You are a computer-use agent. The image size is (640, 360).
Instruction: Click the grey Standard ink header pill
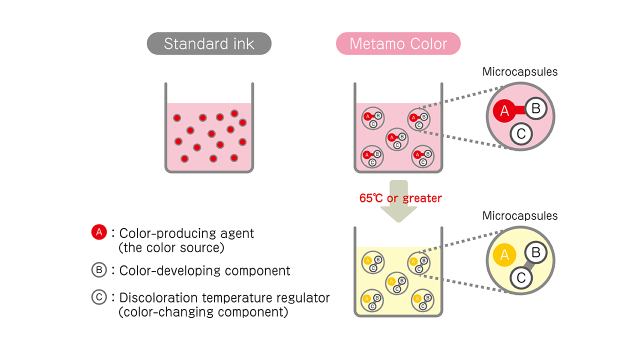pos(209,44)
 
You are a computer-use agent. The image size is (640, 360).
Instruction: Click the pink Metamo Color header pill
pos(398,44)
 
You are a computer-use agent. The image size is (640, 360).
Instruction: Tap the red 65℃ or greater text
pos(400,198)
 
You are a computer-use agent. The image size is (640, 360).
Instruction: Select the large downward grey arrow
pos(398,205)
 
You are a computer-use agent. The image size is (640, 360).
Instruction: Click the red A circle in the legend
pos(99,232)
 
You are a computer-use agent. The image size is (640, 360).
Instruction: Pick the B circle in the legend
pos(99,270)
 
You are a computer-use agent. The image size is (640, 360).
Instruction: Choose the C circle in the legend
pos(99,297)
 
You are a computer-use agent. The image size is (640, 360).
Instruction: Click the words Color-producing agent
pos(186,233)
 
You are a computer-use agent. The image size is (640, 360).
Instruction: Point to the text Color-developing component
pos(205,270)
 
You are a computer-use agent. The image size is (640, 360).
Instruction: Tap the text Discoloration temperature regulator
pos(224,297)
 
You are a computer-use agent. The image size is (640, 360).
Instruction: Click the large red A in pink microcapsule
pos(504,111)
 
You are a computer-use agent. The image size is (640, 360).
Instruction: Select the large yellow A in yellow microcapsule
pos(504,255)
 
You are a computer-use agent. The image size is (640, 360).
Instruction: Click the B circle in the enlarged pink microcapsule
pos(535,108)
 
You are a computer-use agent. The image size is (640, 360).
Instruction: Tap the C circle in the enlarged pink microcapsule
pos(521,133)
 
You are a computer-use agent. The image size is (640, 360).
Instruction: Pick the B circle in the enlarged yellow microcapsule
pos(535,252)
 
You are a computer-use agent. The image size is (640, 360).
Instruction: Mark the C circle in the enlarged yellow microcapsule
pos(521,278)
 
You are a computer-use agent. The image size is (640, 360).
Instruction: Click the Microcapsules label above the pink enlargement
pos(520,71)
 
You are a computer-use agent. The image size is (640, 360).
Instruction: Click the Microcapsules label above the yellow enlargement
pos(520,216)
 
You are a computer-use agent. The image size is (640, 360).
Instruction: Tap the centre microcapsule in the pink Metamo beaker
pos(396,139)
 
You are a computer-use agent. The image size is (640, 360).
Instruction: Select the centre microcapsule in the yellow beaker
pos(396,283)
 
